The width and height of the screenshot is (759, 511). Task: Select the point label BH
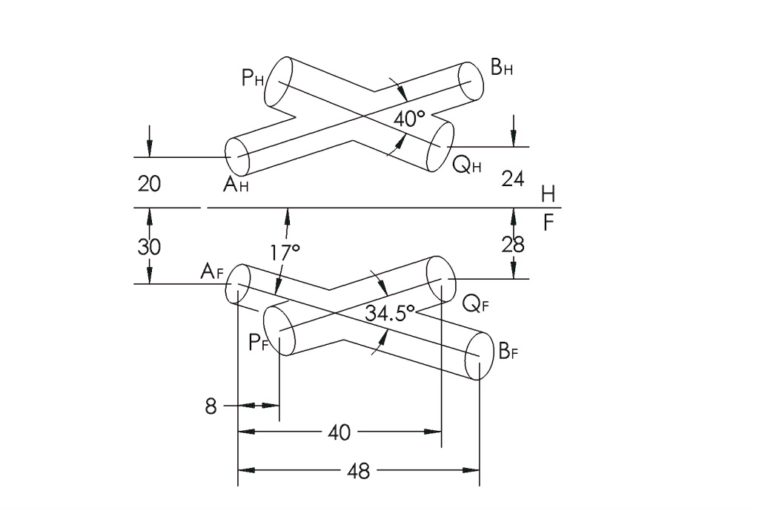(x=503, y=69)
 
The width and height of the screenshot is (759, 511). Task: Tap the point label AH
(x=236, y=185)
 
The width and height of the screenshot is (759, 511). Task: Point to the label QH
(x=467, y=166)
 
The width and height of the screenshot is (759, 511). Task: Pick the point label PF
(x=258, y=343)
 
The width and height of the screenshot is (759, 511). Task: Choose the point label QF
(x=474, y=303)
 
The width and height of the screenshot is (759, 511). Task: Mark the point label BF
(x=508, y=351)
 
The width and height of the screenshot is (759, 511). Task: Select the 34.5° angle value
(x=389, y=313)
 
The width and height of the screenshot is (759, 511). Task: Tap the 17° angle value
(x=285, y=253)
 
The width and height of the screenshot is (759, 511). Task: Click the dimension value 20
(x=149, y=184)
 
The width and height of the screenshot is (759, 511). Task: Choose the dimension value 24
(x=513, y=179)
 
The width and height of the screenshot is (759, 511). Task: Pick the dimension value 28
(x=513, y=244)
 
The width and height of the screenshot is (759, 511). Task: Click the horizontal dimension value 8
(x=211, y=406)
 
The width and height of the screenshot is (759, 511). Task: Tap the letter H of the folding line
(x=548, y=194)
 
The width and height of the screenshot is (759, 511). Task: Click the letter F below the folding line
(x=548, y=222)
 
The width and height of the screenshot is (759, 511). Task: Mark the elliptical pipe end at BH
(x=470, y=80)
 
